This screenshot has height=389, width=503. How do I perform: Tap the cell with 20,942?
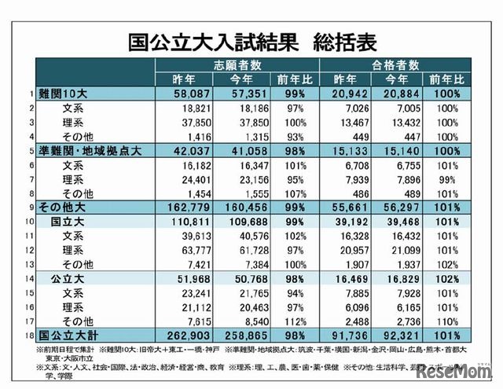click(x=346, y=94)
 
